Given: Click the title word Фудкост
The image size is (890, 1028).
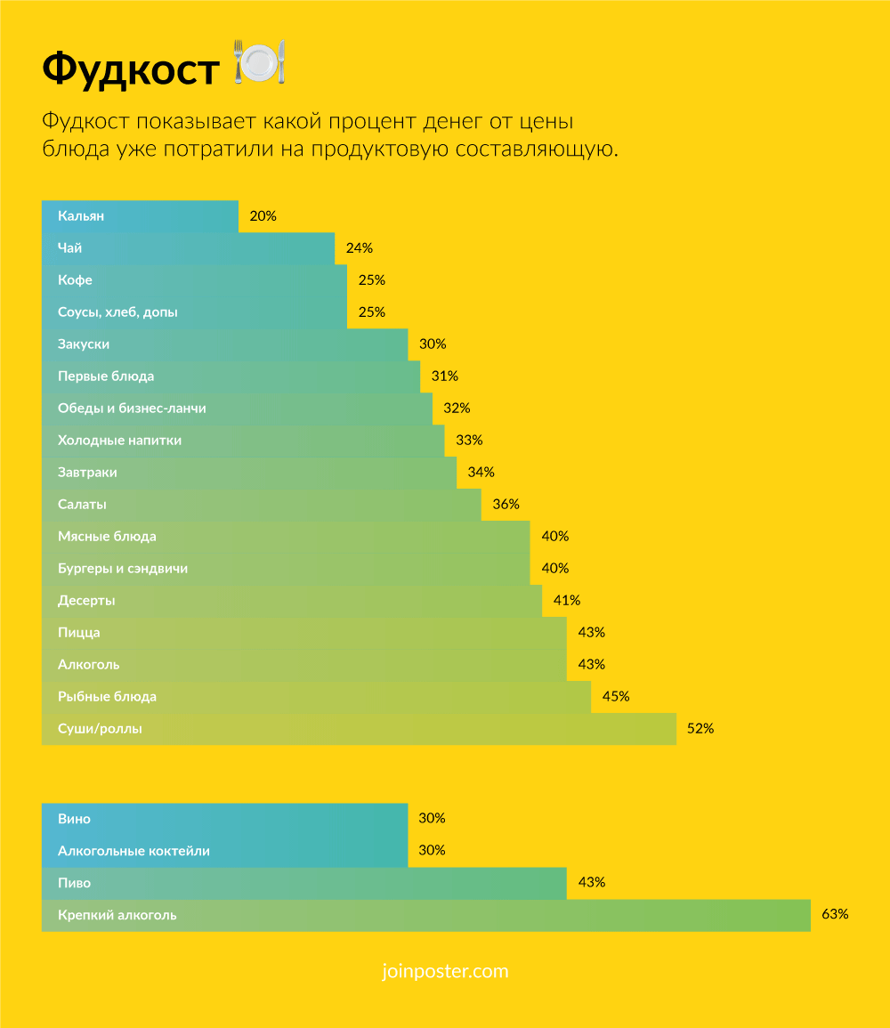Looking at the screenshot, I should [130, 69].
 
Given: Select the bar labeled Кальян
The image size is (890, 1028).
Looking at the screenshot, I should [140, 216].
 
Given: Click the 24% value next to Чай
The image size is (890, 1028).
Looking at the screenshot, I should [359, 248].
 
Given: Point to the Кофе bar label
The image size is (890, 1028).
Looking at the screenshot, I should [75, 280].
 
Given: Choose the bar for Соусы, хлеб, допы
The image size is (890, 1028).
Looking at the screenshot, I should [194, 312].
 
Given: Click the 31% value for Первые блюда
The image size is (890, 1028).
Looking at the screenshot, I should [444, 376].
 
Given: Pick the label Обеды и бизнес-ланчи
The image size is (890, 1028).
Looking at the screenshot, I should [132, 409].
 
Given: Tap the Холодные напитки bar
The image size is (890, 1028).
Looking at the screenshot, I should [243, 441].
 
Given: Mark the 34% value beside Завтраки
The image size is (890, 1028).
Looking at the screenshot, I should [481, 473].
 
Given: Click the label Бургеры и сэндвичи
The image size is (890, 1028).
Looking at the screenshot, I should [123, 569].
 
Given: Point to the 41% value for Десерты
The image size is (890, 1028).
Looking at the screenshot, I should [567, 601].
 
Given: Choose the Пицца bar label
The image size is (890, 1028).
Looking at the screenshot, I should [78, 633].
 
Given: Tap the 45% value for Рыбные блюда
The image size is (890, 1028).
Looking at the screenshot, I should [616, 697].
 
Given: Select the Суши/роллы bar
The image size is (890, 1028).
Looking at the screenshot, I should [359, 729].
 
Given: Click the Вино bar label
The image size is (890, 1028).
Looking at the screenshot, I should [74, 819].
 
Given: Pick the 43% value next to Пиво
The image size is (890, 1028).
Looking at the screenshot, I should [592, 883].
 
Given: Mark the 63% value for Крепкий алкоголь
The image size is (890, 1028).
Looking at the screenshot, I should [835, 915].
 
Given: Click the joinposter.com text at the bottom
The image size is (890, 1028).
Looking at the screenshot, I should [444, 971].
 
